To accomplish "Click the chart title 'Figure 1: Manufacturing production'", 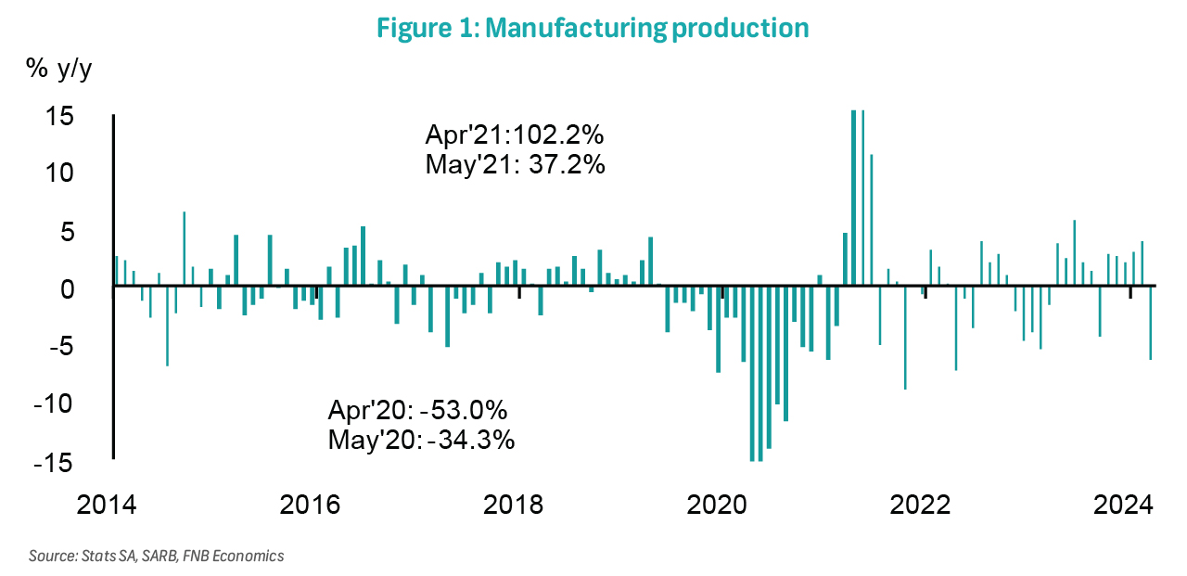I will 593,28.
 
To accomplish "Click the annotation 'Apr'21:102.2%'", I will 515,134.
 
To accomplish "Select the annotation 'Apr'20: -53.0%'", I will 418,410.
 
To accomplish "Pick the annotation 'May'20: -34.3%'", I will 421,439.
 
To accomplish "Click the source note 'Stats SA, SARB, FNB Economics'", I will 157,557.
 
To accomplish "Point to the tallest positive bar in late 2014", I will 185,250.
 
